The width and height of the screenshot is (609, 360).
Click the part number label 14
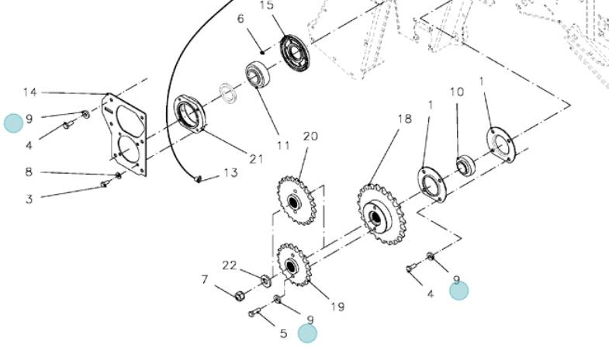tap(30, 92)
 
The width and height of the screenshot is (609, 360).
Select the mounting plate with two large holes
tap(124, 134)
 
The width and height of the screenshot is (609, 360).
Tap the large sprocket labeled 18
tap(382, 214)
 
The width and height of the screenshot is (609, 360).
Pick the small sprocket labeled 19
tap(292, 265)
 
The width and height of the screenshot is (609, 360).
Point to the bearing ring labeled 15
tap(296, 54)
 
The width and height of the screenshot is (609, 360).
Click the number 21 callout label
tap(256, 159)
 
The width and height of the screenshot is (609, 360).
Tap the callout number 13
tap(230, 172)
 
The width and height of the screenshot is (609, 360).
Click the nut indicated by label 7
tap(240, 296)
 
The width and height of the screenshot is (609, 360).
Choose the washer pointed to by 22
tap(266, 280)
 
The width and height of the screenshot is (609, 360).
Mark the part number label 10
tap(457, 92)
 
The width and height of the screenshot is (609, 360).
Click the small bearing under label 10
tap(465, 165)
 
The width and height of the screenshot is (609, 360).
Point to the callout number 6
tap(240, 19)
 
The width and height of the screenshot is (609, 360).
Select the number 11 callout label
tap(283, 145)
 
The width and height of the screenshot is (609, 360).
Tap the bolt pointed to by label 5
tap(254, 312)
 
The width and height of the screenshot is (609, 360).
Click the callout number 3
tap(29, 199)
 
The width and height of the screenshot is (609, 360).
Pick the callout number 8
tap(29, 171)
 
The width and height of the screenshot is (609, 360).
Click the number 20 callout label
tap(311, 137)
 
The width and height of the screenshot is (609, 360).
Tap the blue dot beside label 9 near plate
tap(14, 123)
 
